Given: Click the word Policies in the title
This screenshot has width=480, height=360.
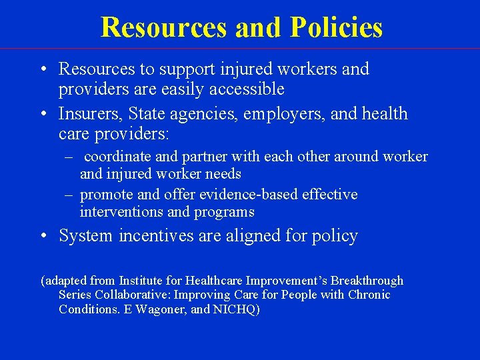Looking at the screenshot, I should click(x=336, y=27).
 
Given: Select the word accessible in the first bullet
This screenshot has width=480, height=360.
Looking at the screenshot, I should click(x=247, y=89).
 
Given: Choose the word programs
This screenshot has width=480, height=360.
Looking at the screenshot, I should click(x=224, y=212).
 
